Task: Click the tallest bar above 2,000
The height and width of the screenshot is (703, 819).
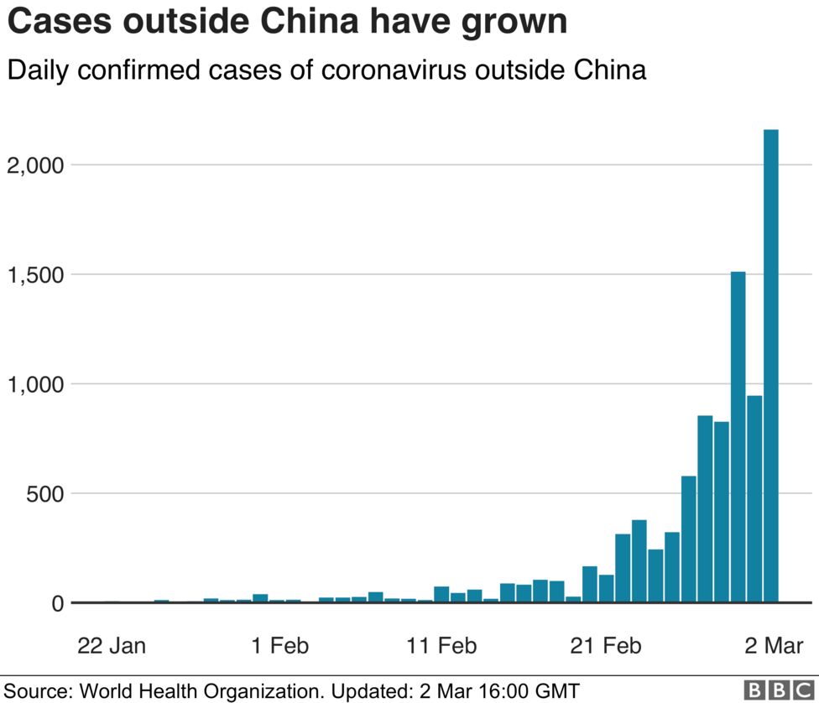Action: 770,365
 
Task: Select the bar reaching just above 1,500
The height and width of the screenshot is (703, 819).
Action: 738,436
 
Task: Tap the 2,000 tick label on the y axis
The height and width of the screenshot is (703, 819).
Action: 35,165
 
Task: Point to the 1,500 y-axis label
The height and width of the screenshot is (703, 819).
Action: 35,274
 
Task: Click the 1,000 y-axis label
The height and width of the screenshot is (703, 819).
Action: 35,384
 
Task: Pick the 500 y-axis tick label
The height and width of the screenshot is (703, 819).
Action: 44,493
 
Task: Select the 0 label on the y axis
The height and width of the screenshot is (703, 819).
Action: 56,603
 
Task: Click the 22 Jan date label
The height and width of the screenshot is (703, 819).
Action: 112,646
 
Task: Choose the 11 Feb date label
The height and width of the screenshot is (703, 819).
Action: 441,646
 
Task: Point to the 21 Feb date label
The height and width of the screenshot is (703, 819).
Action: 606,646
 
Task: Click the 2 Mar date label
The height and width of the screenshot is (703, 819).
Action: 773,646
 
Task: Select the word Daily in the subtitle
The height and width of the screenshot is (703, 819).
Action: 36,70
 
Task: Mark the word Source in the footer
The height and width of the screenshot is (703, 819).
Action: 37,691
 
